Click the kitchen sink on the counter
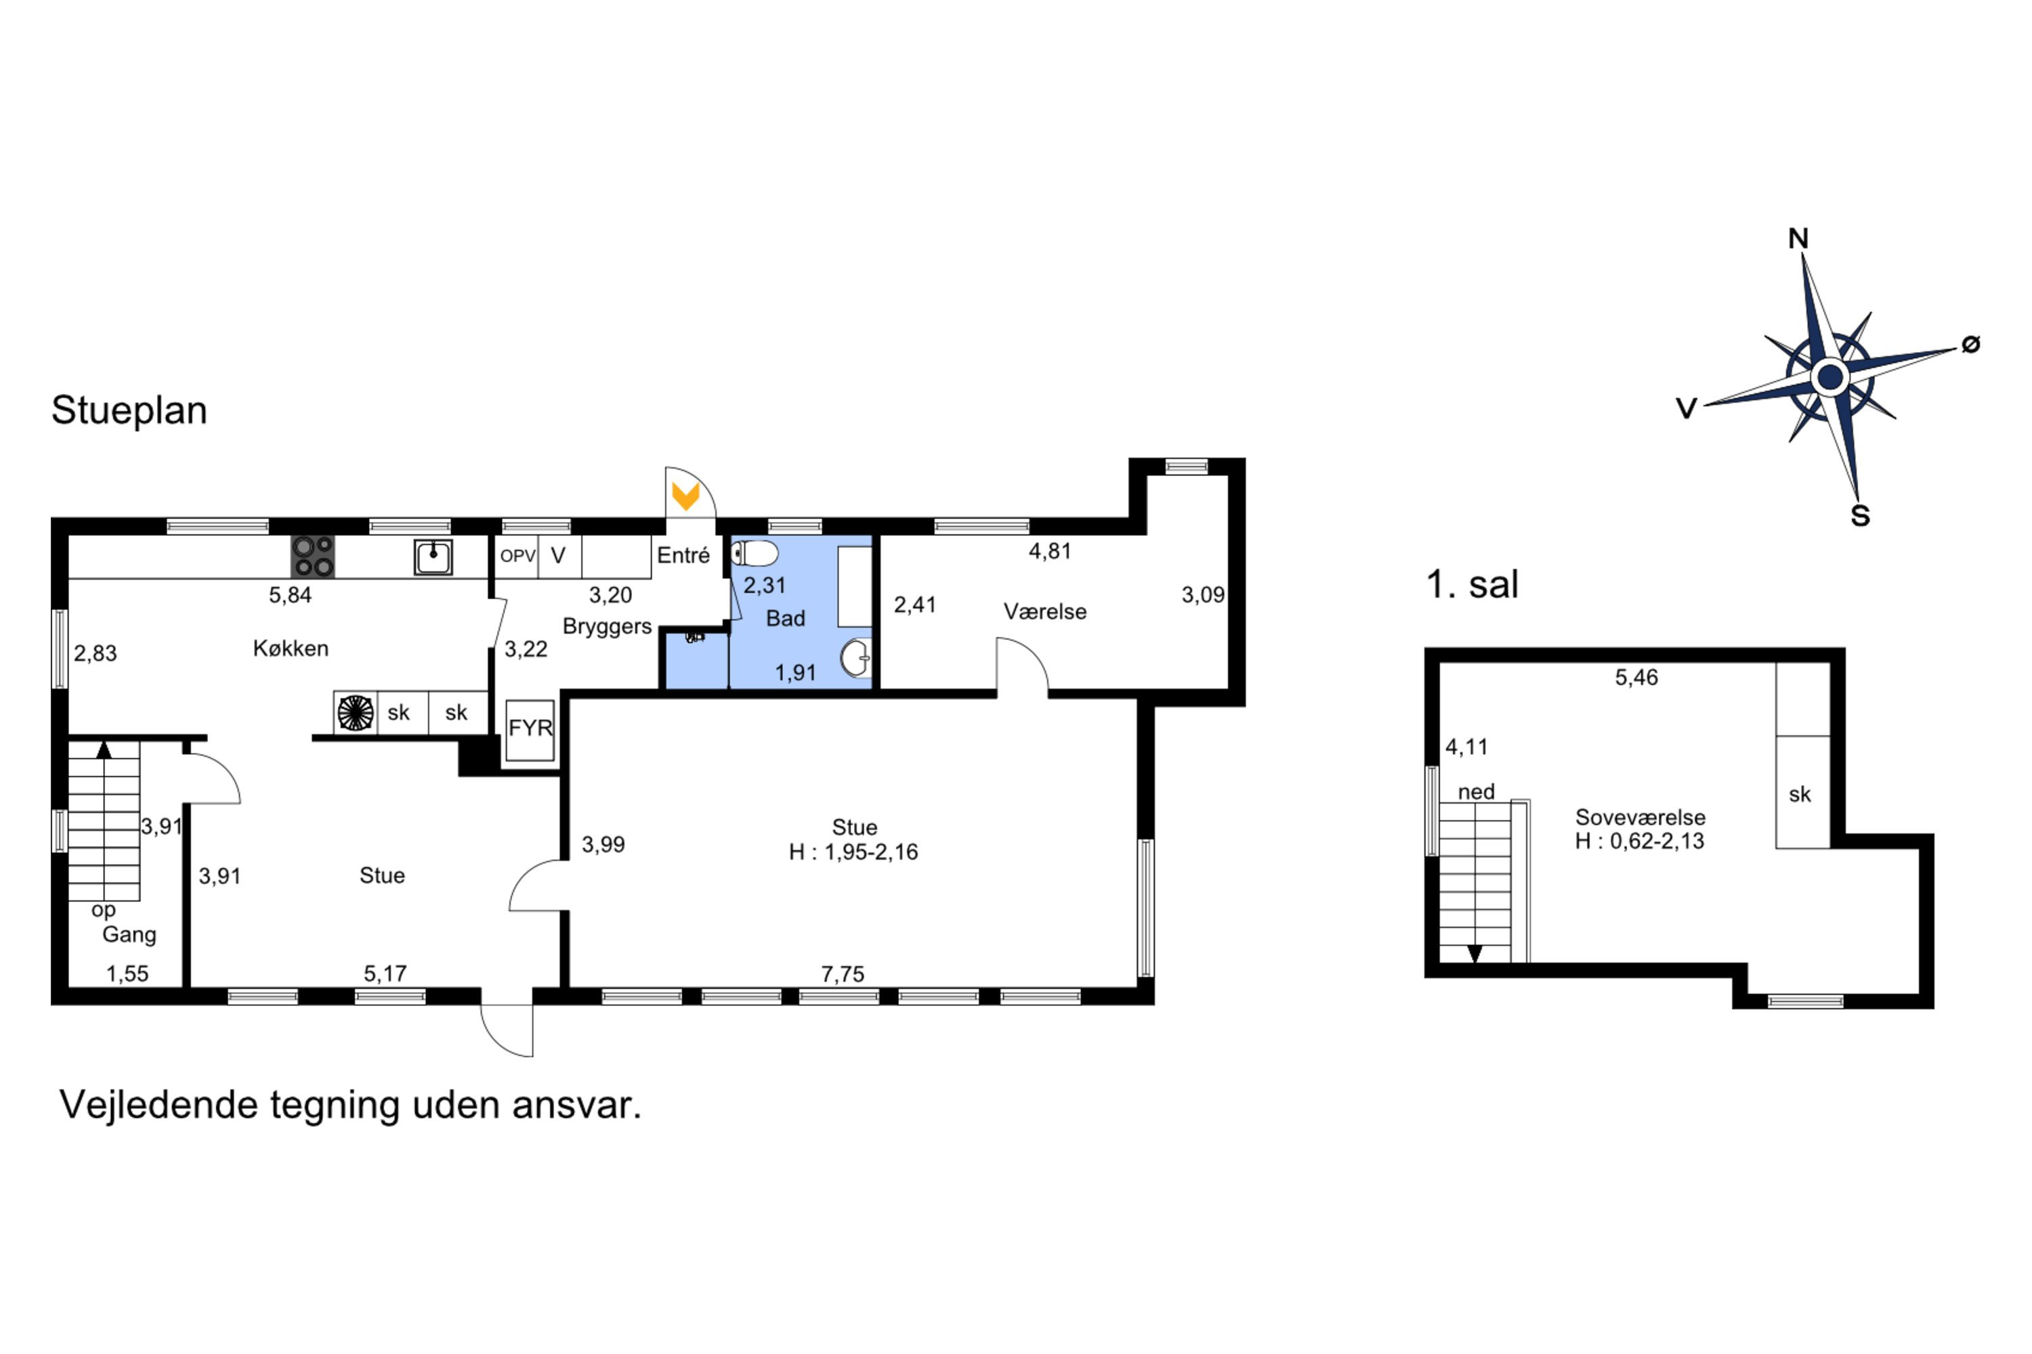433,557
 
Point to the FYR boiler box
530,730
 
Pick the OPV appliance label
517,556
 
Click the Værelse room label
1044,611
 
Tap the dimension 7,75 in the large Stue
843,974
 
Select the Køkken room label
291,648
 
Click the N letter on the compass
1798,238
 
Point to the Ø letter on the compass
1970,344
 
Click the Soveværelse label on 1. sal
1640,817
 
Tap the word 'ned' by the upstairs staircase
1476,792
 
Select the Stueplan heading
129,410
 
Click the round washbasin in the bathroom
855,658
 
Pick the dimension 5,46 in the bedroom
1636,677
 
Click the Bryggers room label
606,627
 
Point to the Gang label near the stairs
129,934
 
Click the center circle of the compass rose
1829,376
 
